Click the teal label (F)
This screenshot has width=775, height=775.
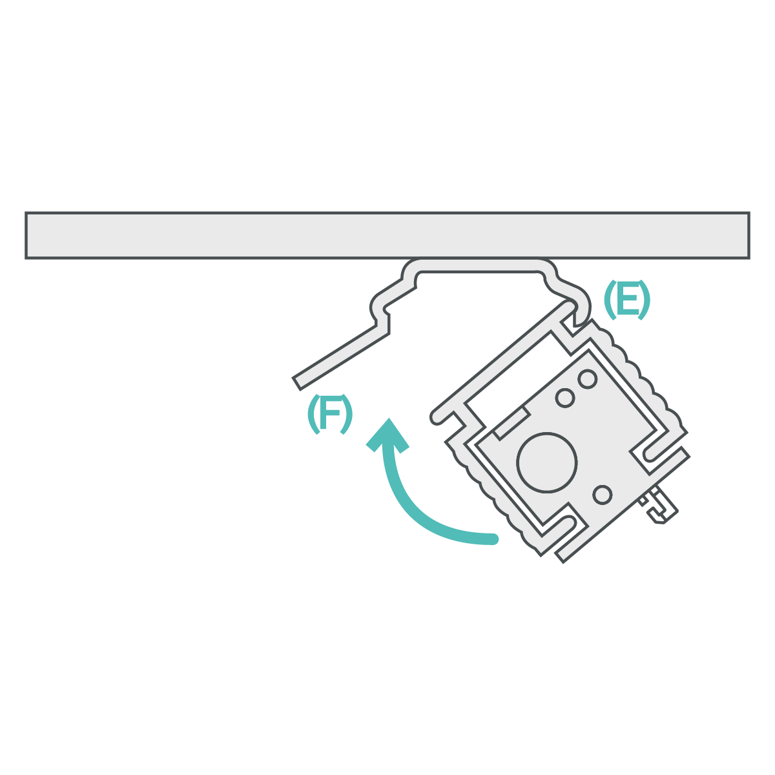(x=329, y=414)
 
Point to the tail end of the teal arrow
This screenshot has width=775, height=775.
(x=494, y=539)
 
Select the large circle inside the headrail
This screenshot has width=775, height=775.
(x=546, y=462)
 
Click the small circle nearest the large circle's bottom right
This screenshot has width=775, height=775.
(x=602, y=495)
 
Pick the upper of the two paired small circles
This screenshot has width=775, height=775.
(x=587, y=378)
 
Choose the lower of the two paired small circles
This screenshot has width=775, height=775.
(x=565, y=398)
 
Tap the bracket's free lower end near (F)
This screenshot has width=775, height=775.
(x=298, y=382)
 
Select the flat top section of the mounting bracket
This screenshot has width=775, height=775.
(x=478, y=265)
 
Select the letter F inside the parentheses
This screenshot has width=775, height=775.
(x=330, y=414)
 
